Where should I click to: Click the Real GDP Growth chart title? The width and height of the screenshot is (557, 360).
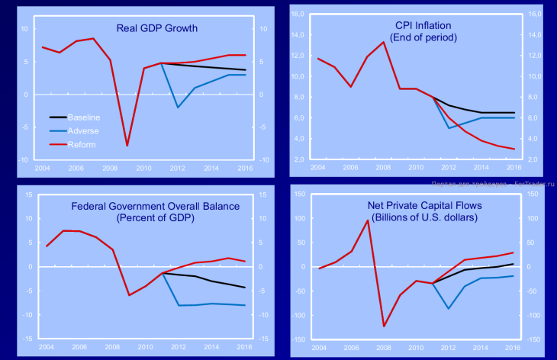pyautogui.click(x=156, y=29)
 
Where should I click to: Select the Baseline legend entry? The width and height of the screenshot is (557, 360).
pyautogui.click(x=84, y=117)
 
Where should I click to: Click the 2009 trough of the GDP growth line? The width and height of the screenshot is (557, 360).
pyautogui.click(x=127, y=145)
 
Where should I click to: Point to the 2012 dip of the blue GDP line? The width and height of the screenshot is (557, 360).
pyautogui.click(x=178, y=107)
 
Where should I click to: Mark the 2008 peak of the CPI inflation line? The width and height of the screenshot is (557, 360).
pyautogui.click(x=383, y=43)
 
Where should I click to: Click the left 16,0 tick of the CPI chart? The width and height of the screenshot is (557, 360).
pyautogui.click(x=298, y=14)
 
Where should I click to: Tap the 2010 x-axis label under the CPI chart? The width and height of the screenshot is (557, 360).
pyautogui.click(x=415, y=166)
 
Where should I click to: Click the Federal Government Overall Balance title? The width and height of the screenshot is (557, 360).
pyautogui.click(x=155, y=207)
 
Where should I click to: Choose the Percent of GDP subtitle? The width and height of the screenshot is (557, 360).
pyautogui.click(x=155, y=217)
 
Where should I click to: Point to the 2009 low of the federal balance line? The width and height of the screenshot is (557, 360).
pyautogui.click(x=129, y=295)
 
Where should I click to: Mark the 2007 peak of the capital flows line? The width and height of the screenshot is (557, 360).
pyautogui.click(x=368, y=221)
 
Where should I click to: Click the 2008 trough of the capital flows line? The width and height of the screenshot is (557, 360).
pyautogui.click(x=384, y=326)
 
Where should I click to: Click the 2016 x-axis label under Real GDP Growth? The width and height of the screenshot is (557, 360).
pyautogui.click(x=246, y=168)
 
